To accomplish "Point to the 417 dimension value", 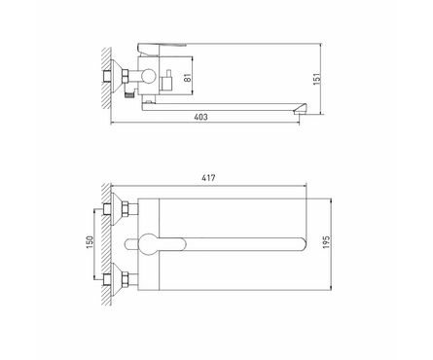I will [207, 178].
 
